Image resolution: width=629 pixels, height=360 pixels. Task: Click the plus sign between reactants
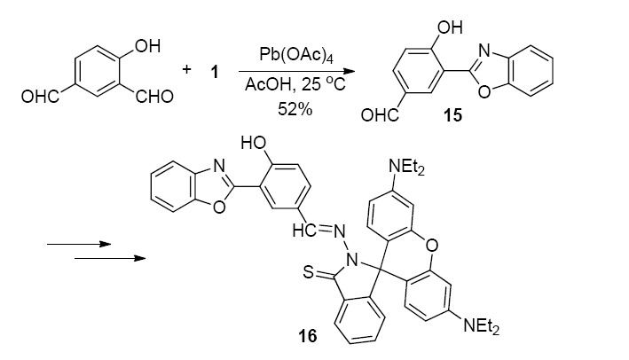click(186, 69)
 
